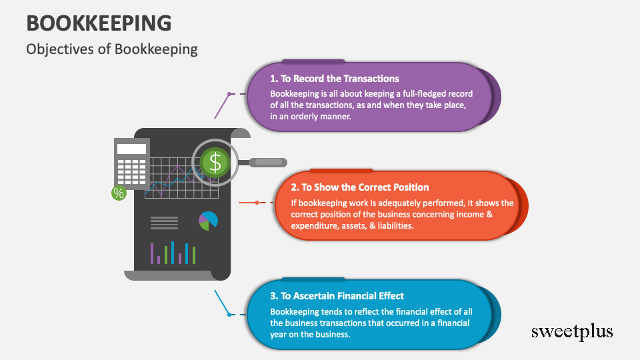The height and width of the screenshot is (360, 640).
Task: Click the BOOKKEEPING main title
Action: pos(99,22)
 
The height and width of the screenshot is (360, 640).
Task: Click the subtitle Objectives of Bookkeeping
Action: pos(112,49)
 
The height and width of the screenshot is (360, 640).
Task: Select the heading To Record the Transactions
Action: pos(335,79)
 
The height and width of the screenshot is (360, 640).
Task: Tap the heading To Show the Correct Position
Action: pos(360,187)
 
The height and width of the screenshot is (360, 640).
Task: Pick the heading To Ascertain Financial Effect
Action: pos(337,296)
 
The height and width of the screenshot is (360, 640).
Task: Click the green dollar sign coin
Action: pos(214,162)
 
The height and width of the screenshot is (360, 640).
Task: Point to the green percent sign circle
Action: pos(119,193)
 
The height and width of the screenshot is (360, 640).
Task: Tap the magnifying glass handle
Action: pos(267,162)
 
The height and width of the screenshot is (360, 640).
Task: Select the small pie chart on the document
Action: pos(208,221)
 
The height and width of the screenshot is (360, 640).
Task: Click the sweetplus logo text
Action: pos(571,331)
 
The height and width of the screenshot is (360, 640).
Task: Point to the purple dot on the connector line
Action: pos(229,94)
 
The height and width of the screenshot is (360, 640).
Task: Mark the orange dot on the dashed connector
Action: pos(257,202)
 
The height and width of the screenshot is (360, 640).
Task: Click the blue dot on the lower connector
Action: pos(229,313)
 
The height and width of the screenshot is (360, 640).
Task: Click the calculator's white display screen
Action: pos(131,149)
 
